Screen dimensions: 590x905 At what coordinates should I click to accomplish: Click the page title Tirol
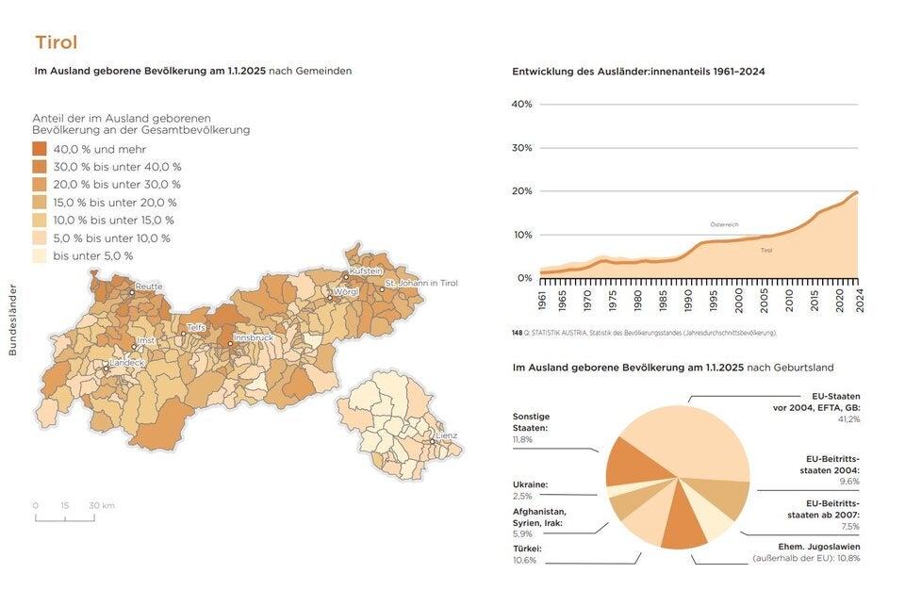coord(56,42)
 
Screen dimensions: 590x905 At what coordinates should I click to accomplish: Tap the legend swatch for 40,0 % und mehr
coord(40,149)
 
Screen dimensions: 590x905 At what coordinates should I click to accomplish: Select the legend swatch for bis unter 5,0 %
coord(40,255)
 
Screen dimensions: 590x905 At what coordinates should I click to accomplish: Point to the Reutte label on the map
coord(149,287)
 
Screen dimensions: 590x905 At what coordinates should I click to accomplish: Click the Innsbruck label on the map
coord(254,336)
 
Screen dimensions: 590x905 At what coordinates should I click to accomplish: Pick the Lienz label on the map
coord(446,435)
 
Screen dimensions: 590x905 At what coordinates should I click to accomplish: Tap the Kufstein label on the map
coord(366,270)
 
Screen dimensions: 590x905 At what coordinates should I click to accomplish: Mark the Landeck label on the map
coord(127,362)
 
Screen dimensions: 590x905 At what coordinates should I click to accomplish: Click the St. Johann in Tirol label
coord(420,283)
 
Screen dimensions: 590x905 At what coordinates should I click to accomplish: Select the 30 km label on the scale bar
coord(102,506)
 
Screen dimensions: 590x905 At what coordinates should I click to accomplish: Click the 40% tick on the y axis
coord(522,104)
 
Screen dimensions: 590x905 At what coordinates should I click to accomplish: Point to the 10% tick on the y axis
coord(522,235)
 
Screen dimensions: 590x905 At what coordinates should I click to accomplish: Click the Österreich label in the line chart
coord(724,224)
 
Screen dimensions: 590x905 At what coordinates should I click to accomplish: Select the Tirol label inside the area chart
coord(766,250)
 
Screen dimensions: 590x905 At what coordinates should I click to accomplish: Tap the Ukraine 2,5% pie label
coord(530,490)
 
